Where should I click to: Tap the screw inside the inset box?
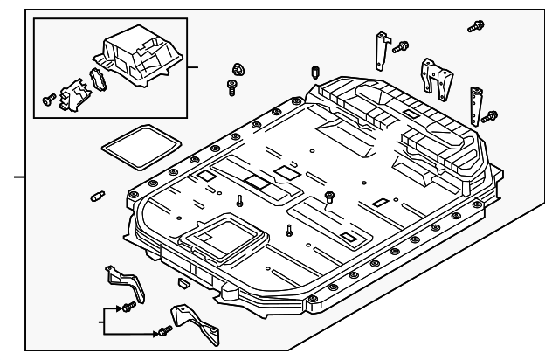48,100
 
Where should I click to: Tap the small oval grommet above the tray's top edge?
314,71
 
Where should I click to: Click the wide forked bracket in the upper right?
434,76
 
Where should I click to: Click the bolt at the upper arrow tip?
128,308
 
